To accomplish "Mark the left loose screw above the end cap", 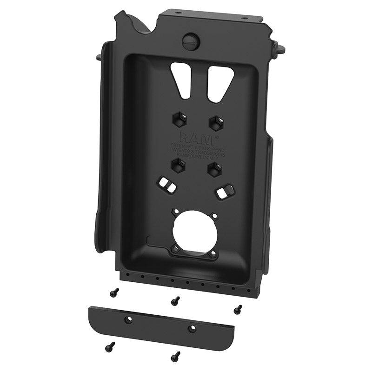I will click(113, 292).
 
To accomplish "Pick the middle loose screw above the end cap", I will click(175, 301).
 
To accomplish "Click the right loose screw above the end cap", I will click(238, 308).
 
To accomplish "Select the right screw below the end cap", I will click(175, 356).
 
